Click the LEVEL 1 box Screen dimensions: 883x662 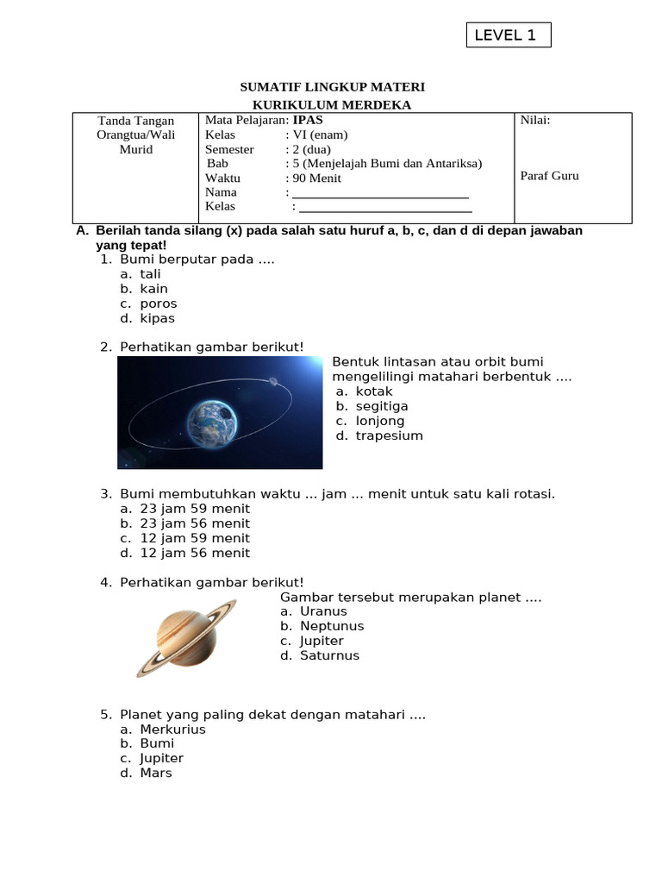coord(508,35)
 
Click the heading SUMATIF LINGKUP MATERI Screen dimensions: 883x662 coord(331,88)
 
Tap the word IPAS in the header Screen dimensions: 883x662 coord(308,121)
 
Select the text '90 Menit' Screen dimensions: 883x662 coord(316,178)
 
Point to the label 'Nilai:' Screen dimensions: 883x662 coord(535,121)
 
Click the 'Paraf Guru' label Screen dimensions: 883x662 coord(550,176)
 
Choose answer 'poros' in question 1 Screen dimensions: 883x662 coord(158,304)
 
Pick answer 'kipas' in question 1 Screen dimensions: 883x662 coord(157,318)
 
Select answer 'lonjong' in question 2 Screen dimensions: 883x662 coord(379,421)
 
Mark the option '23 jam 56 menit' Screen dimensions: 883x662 coord(195,523)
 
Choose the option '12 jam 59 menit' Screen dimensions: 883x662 coord(195,538)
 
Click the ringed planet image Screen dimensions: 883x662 coord(185,637)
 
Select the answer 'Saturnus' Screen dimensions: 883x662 coord(329,655)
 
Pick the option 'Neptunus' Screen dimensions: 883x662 coord(332,626)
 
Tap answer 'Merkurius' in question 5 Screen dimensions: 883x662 coord(172,730)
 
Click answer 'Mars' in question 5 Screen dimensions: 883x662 coord(156,773)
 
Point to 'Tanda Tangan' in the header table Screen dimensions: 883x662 coord(136,121)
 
